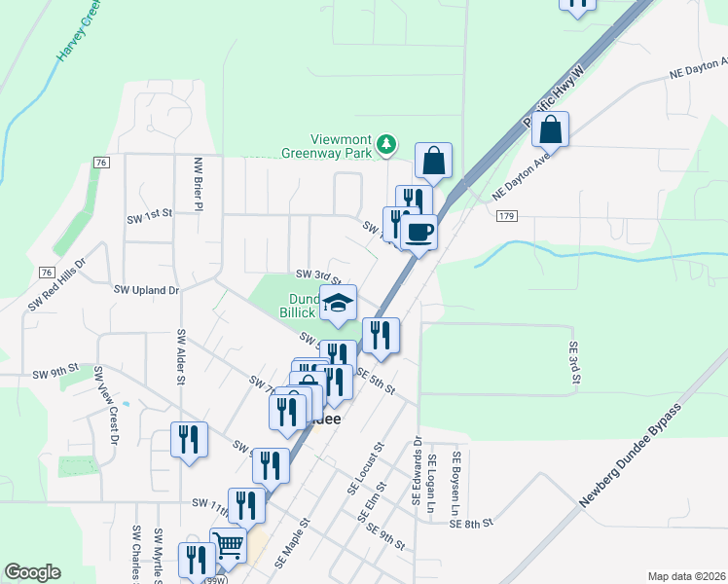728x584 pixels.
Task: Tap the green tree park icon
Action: pyautogui.click(x=387, y=144)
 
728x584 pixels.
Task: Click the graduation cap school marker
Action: pyautogui.click(x=338, y=304)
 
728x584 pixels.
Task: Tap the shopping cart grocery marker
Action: pyautogui.click(x=228, y=546)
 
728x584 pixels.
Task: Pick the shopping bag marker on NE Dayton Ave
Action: pyautogui.click(x=550, y=128)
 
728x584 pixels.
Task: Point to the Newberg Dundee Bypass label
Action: pyautogui.click(x=629, y=456)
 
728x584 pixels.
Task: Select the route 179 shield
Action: pyautogui.click(x=505, y=215)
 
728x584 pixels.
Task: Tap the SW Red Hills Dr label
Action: pyautogui.click(x=57, y=283)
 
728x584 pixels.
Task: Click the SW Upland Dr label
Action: pyautogui.click(x=147, y=290)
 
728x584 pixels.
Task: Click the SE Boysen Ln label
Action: pyautogui.click(x=455, y=483)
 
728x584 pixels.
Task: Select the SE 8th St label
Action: pyautogui.click(x=474, y=524)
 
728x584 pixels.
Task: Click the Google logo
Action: pyautogui.click(x=32, y=572)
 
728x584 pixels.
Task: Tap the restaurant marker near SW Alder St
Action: pyautogui.click(x=188, y=438)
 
